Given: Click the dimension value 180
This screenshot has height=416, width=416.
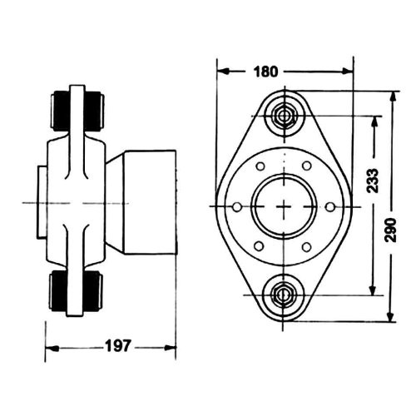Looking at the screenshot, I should coord(265,71).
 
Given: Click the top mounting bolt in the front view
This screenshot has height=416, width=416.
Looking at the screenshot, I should coord(284,115).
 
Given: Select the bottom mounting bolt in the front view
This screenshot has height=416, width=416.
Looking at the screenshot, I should coord(284,293).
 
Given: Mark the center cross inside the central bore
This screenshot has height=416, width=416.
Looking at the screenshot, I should coord(284,205).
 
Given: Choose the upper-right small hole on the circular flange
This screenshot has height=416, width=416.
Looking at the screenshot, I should coord(307,165).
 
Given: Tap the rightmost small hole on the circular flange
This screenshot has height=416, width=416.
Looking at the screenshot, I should coord(330,205).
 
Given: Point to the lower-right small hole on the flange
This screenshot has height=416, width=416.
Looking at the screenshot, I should coord(307,245).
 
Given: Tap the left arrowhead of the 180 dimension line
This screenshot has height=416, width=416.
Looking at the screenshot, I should coord(220,71).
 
